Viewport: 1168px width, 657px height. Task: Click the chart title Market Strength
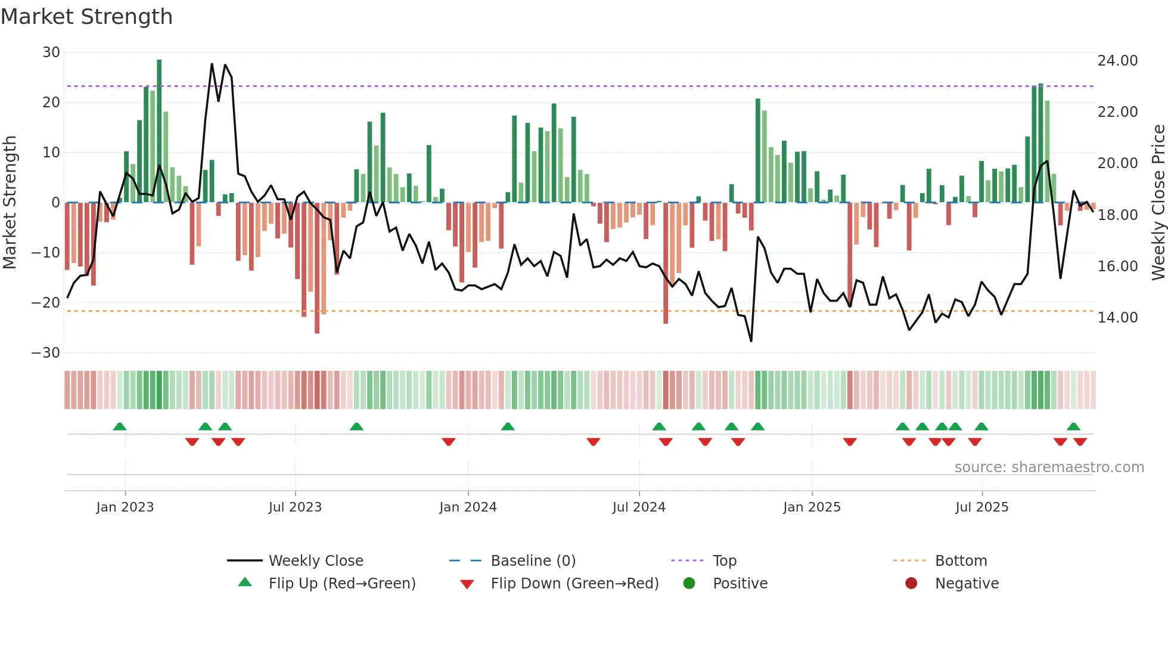(x=86, y=17)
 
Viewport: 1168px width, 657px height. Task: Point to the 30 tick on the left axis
(x=51, y=52)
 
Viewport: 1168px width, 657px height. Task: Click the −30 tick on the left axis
(x=46, y=353)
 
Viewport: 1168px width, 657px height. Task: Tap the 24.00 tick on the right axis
(x=1117, y=61)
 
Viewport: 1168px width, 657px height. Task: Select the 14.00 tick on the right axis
(x=1117, y=318)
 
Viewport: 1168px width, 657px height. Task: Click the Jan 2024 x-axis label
(x=468, y=507)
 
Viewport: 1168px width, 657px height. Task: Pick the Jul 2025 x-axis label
(x=981, y=507)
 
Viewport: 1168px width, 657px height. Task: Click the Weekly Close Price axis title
(x=1158, y=203)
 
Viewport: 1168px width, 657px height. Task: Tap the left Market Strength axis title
(x=10, y=203)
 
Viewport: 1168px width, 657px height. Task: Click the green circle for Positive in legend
(x=689, y=584)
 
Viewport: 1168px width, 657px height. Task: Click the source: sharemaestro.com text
(x=1049, y=467)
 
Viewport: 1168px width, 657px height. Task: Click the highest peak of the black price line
(x=212, y=64)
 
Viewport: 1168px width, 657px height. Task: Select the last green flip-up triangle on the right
(x=1073, y=427)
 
